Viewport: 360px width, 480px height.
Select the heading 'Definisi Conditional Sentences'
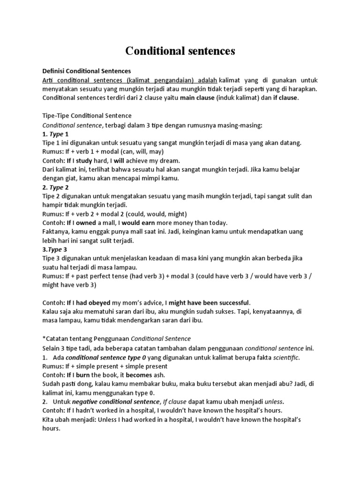[87, 71]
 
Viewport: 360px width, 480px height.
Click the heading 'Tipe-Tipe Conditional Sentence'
[87, 115]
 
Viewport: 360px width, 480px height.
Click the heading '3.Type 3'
[55, 249]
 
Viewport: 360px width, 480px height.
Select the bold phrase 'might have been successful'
[210, 303]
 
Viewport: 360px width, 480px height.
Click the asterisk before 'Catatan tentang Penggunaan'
[44, 338]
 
